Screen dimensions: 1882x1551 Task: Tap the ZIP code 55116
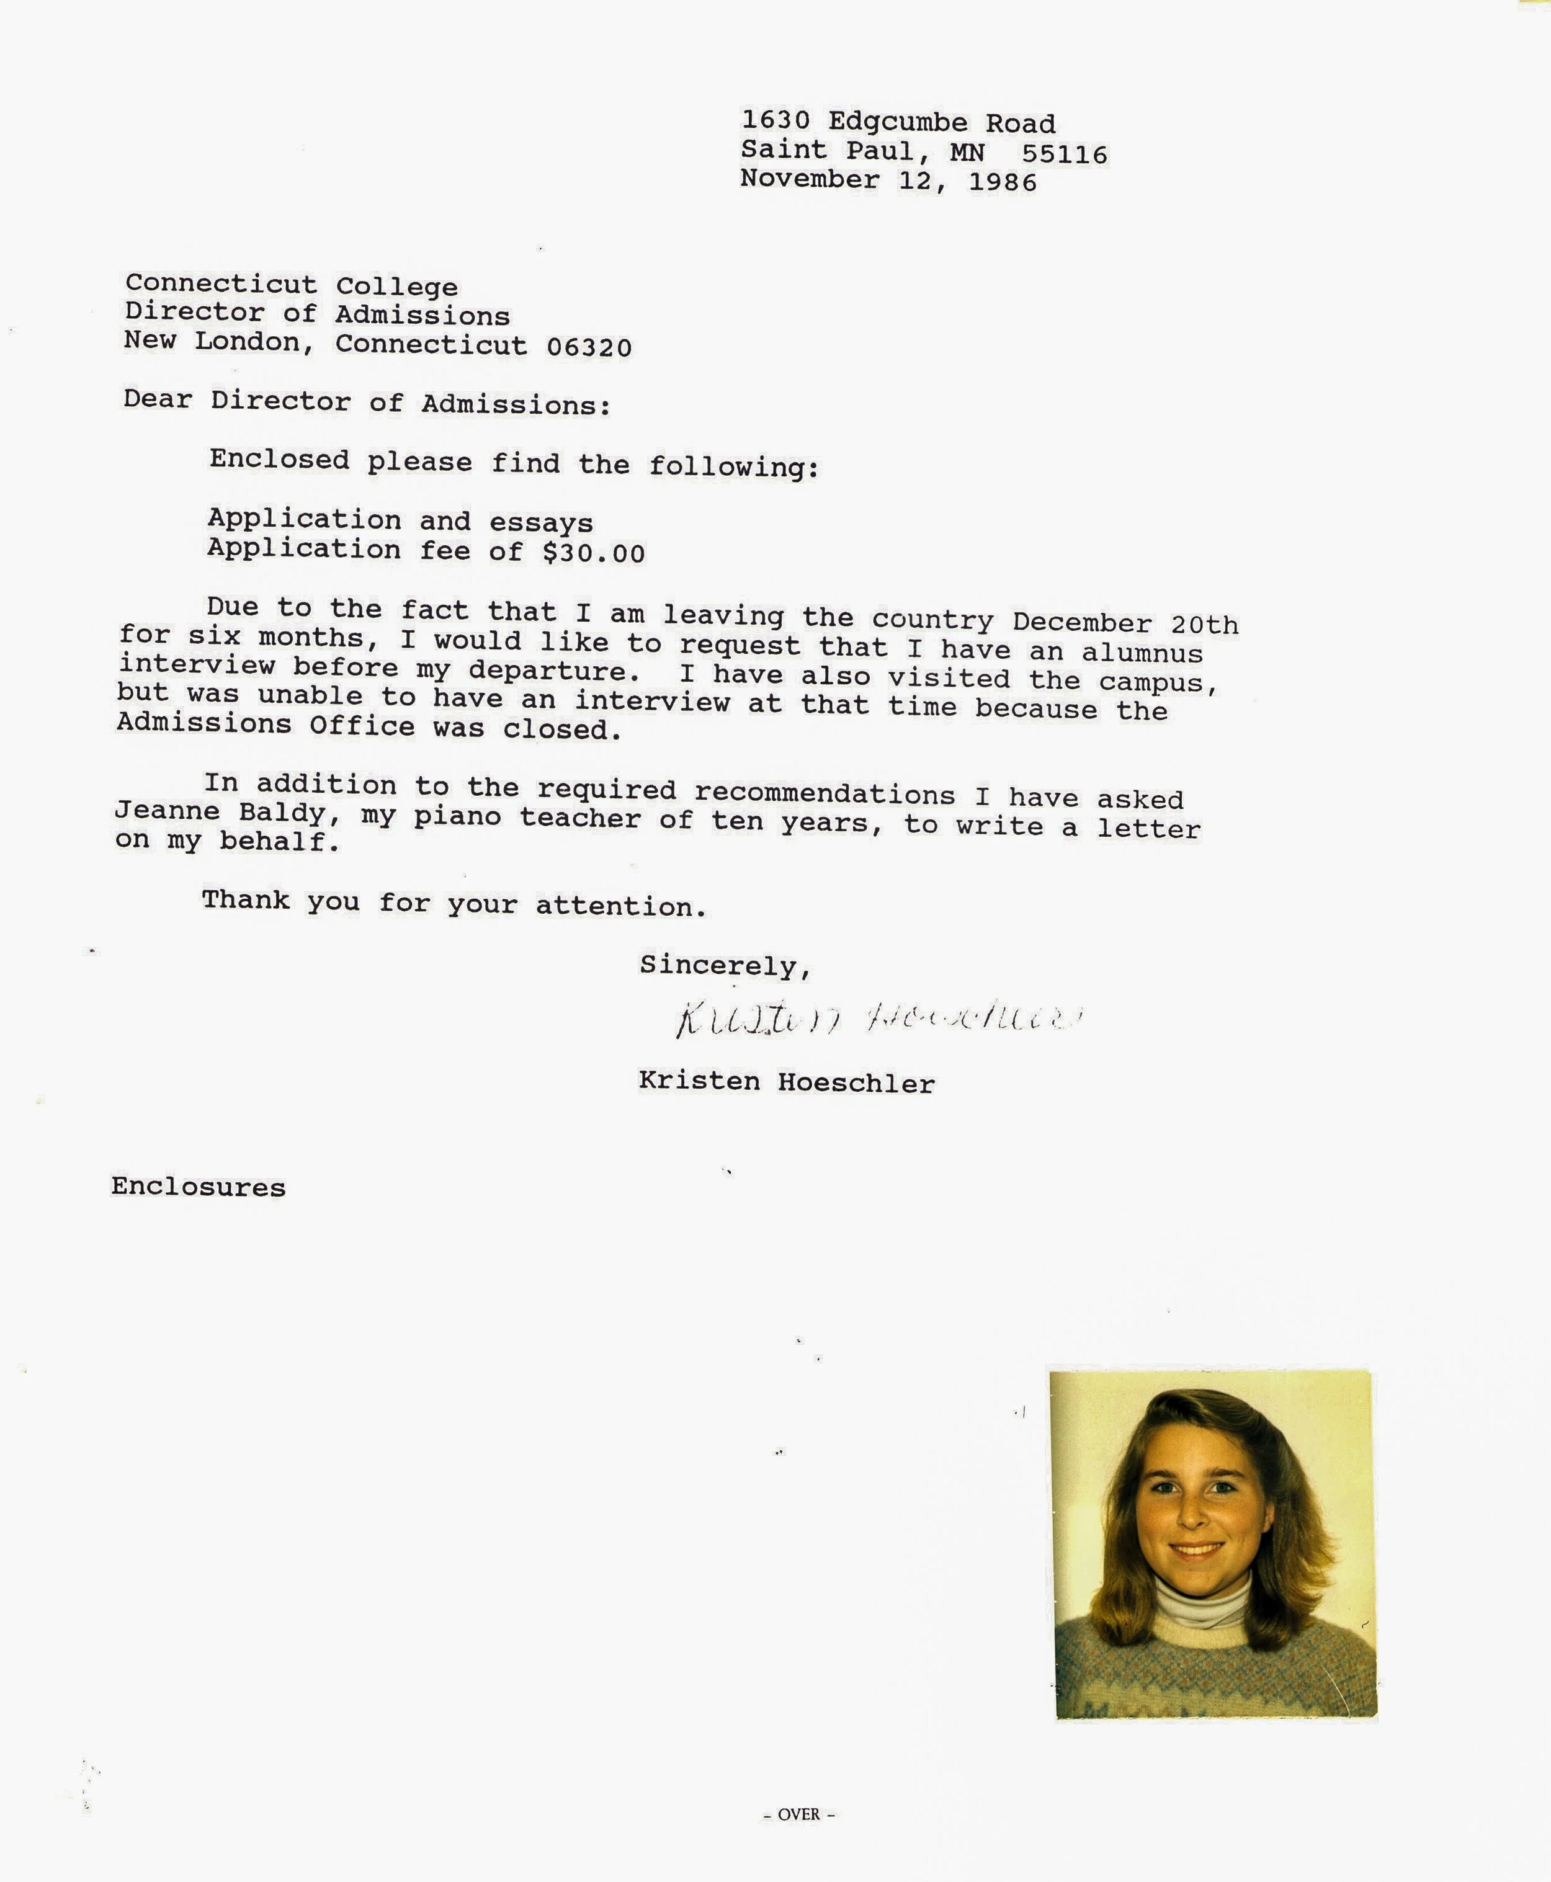[x=1064, y=154]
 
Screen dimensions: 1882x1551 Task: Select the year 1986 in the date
[x=1003, y=182]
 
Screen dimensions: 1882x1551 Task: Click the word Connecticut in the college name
[x=221, y=284]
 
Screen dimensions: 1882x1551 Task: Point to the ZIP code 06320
[x=589, y=347]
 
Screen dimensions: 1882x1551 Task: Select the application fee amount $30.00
[x=593, y=553]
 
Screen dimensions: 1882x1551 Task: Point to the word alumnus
[x=1142, y=653]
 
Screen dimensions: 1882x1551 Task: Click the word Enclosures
[x=199, y=1187]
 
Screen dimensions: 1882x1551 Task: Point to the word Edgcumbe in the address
[x=897, y=122]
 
